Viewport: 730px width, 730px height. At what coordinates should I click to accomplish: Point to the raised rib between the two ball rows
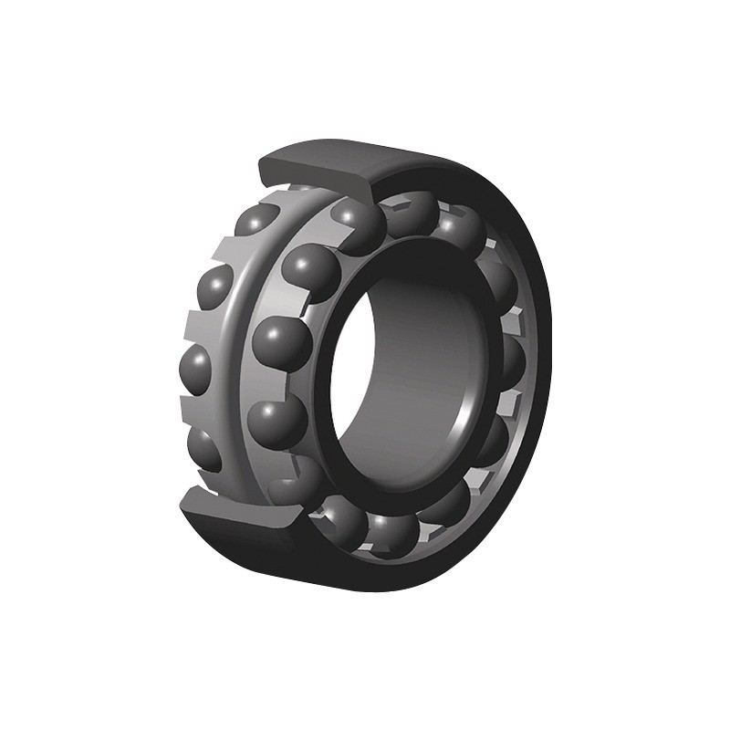coord(239,347)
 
